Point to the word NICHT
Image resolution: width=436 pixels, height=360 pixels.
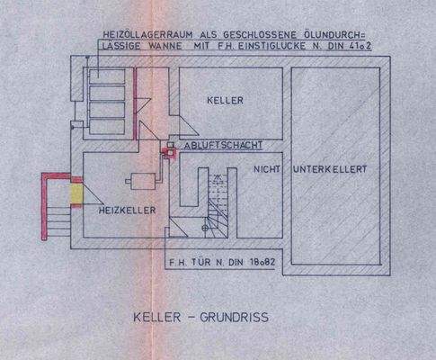click(x=270, y=168)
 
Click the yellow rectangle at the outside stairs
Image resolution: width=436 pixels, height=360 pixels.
click(x=77, y=193)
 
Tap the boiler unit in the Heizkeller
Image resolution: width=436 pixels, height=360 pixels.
click(x=139, y=181)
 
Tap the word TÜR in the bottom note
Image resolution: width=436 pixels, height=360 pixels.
click(x=204, y=265)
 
